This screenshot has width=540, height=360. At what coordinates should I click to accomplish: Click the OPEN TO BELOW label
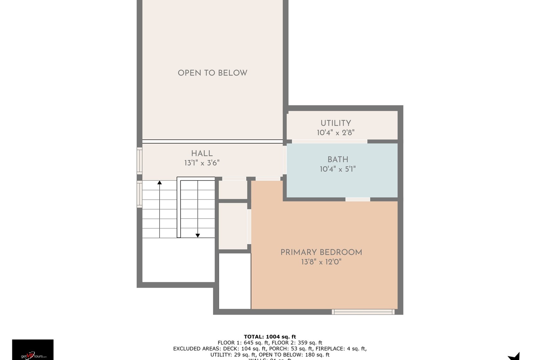(212, 73)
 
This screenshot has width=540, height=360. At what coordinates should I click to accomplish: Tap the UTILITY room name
(336, 123)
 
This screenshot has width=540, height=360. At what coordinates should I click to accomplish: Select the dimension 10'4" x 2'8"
(335, 133)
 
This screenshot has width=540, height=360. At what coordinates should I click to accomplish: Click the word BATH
(338, 159)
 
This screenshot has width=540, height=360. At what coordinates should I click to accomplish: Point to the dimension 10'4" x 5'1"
(338, 169)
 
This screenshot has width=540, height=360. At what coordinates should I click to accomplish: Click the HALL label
(202, 153)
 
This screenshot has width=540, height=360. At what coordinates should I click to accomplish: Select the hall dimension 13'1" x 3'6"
(202, 163)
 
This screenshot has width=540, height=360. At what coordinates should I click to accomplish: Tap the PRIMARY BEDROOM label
(321, 252)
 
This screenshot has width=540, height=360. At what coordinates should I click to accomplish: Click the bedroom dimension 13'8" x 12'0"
(321, 262)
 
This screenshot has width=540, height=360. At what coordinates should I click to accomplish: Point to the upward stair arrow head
(160, 182)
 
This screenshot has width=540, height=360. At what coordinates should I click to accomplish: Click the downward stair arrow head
(198, 235)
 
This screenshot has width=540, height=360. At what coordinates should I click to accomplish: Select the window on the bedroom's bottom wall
(363, 312)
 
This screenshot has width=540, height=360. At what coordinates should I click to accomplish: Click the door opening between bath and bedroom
(358, 199)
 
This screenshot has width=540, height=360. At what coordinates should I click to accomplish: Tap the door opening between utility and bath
(329, 141)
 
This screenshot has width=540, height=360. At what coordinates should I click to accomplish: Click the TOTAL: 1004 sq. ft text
(270, 337)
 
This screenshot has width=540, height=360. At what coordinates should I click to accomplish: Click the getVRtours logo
(33, 350)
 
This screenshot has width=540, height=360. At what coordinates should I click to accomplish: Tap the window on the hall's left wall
(139, 161)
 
